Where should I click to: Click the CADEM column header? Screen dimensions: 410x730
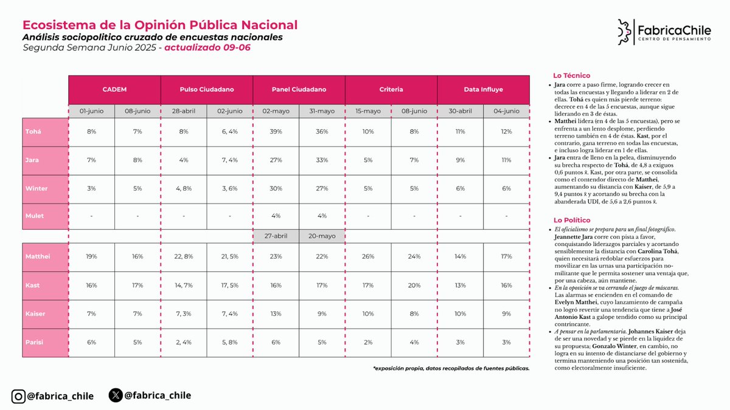[x=114, y=89]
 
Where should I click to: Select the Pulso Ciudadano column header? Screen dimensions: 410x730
[x=207, y=89]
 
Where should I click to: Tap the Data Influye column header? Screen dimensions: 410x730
[x=484, y=89]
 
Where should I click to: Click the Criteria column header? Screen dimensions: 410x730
[x=391, y=89]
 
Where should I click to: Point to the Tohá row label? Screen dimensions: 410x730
[x=33, y=132]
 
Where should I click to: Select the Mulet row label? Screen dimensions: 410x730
[x=34, y=215]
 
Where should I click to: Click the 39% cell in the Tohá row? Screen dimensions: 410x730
[x=276, y=132]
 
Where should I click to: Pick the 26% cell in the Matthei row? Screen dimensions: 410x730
[x=368, y=256]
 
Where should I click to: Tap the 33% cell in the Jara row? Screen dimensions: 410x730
[x=322, y=160]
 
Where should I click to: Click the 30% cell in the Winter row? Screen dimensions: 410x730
[x=276, y=188]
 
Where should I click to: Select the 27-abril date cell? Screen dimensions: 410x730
[x=276, y=236]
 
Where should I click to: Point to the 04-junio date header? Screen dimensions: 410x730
[x=507, y=111]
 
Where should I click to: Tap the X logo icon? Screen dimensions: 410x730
[x=116, y=395]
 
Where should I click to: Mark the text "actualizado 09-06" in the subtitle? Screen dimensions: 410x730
[x=207, y=47]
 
